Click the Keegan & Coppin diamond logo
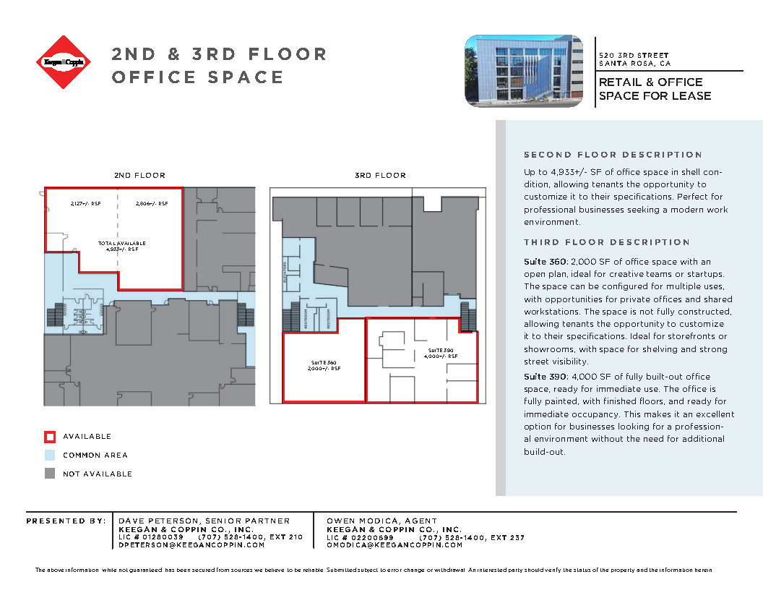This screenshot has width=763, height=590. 64,62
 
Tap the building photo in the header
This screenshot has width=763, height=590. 523,71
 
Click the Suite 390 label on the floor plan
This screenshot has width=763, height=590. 440,353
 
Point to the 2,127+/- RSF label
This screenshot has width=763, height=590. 86,204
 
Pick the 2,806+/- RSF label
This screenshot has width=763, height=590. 152,204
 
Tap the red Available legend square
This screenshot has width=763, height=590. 49,437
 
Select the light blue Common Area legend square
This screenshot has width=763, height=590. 49,456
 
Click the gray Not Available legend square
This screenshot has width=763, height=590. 49,474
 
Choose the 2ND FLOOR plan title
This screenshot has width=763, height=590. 139,176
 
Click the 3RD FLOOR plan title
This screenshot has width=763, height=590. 380,176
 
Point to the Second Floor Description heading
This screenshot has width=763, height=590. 613,155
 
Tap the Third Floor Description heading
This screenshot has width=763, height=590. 607,242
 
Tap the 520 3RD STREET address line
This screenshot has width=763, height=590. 634,56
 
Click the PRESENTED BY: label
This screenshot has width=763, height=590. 65,521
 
